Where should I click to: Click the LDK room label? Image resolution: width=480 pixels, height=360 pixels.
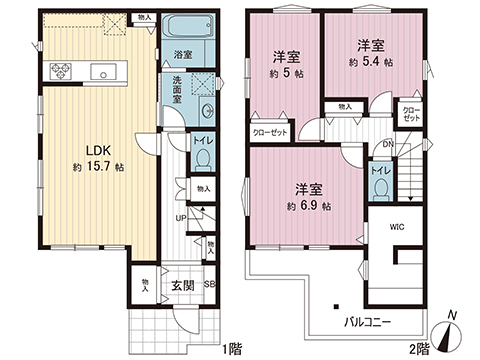(x=85, y=142)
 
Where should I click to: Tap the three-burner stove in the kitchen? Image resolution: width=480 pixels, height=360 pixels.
(x=54, y=71)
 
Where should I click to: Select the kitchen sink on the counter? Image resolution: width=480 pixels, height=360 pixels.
(x=102, y=72)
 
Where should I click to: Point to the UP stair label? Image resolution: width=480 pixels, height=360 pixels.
(x=180, y=218)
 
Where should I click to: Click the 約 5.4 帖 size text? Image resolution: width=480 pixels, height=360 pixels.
(x=372, y=62)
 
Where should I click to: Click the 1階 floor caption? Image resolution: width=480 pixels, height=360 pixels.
(x=231, y=349)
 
